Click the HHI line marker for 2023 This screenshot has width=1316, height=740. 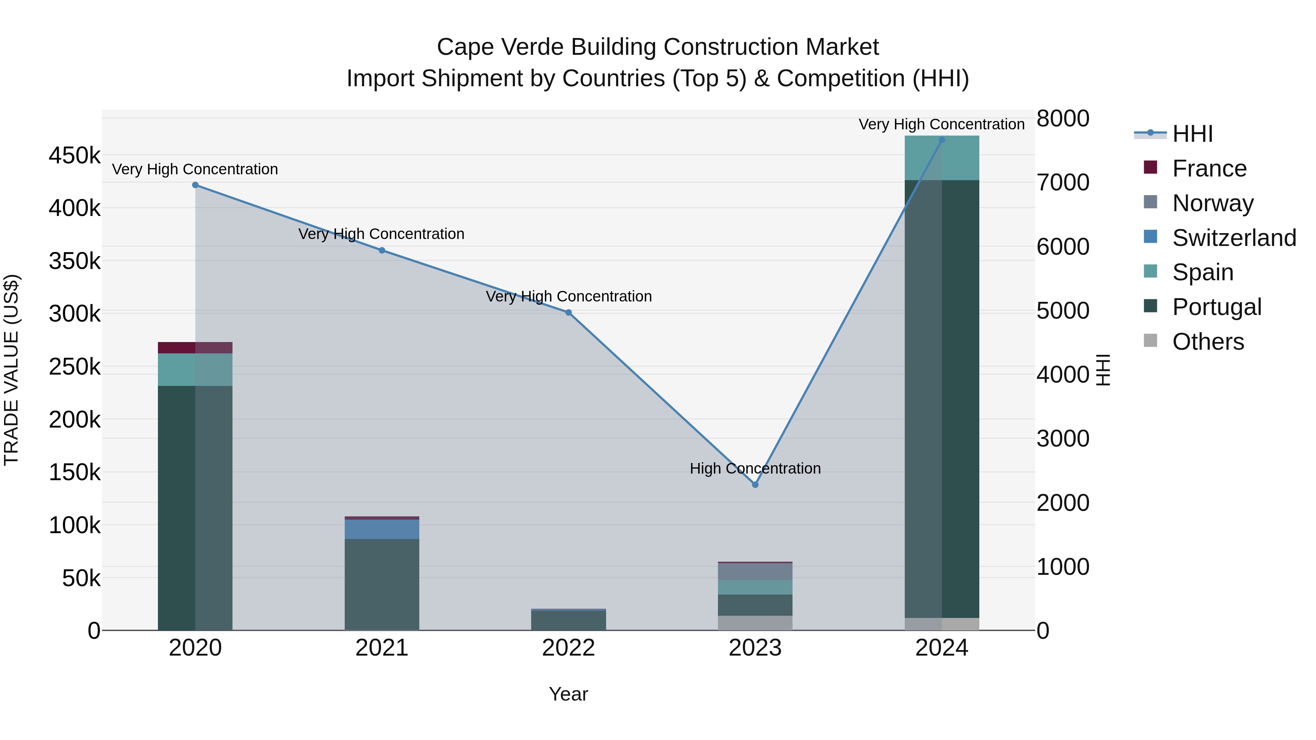[755, 484]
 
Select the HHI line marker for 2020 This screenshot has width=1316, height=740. [195, 185]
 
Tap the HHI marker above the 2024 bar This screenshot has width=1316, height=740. [942, 140]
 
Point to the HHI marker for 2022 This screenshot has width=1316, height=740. [568, 312]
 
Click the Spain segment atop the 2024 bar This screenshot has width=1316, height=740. [942, 158]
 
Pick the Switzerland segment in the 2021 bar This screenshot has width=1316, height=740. [382, 529]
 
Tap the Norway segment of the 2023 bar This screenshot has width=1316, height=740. [755, 572]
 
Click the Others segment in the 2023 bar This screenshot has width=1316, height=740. [755, 623]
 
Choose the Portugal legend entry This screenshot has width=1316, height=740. [1216, 307]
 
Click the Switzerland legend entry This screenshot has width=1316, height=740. [1234, 238]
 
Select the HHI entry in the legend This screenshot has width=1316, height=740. [1192, 134]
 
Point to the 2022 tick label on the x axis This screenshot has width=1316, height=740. [568, 648]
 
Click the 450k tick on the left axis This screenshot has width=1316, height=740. [75, 155]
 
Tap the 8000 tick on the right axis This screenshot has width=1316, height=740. [1063, 118]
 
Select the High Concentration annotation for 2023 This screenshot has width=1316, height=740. [755, 468]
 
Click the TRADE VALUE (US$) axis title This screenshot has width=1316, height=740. [11, 370]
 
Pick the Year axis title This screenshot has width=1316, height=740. [568, 694]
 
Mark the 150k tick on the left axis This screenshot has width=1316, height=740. [75, 473]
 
